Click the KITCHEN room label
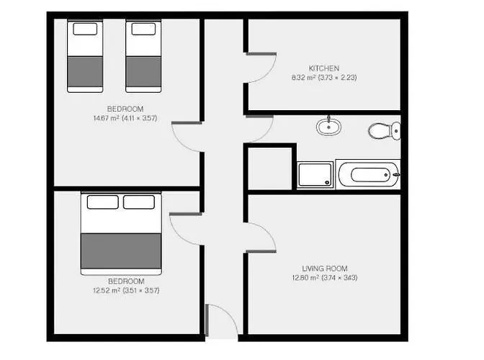[324, 68]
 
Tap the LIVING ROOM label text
[325, 269]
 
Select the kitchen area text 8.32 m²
[303, 78]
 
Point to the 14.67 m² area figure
[106, 118]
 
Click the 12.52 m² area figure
[107, 290]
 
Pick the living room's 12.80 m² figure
[305, 278]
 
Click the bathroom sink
[328, 127]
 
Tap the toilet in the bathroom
[385, 131]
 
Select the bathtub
[368, 175]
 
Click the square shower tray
[315, 175]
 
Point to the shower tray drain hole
[327, 183]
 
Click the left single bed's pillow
[85, 29]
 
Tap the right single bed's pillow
[143, 29]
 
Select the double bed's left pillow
[103, 202]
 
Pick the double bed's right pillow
[139, 202]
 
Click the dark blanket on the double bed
[121, 251]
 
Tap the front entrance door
[207, 320]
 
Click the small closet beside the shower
[270, 168]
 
